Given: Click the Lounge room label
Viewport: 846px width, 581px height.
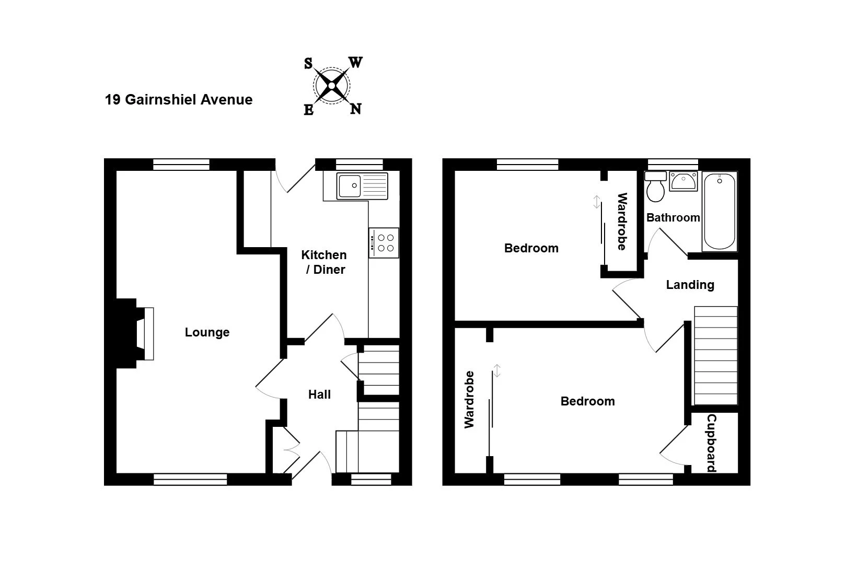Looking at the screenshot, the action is pyautogui.click(x=207, y=332).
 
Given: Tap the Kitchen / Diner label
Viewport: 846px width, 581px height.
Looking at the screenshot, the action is pyautogui.click(x=324, y=262).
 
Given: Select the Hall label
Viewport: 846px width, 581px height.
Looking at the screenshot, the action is pyautogui.click(x=319, y=394).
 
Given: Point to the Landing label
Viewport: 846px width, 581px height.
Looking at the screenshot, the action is pyautogui.click(x=690, y=285).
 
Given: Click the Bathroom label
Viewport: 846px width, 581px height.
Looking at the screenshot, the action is pyautogui.click(x=673, y=217).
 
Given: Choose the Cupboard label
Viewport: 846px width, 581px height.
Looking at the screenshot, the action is pyautogui.click(x=712, y=443).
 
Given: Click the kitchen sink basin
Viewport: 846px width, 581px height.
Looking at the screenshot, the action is pyautogui.click(x=350, y=185).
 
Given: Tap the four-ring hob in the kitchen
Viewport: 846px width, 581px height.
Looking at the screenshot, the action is pyautogui.click(x=384, y=243).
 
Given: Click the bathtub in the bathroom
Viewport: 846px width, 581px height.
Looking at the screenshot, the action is pyautogui.click(x=720, y=212).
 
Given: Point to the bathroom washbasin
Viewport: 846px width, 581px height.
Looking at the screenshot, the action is pyautogui.click(x=683, y=181).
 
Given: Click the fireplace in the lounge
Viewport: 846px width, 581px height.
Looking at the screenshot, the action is pyautogui.click(x=135, y=333).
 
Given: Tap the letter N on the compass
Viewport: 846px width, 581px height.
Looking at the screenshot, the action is pyautogui.click(x=356, y=109).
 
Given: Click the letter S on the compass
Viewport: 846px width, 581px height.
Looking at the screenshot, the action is pyautogui.click(x=308, y=63).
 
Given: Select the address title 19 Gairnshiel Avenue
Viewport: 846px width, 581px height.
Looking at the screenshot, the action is pyautogui.click(x=179, y=100).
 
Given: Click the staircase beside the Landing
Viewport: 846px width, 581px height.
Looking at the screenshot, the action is pyautogui.click(x=716, y=355).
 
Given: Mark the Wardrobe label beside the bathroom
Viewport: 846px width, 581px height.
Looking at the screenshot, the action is pyautogui.click(x=622, y=222).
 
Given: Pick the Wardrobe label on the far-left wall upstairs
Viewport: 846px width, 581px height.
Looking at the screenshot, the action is pyautogui.click(x=469, y=399).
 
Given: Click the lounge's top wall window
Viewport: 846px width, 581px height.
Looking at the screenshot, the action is pyautogui.click(x=181, y=165).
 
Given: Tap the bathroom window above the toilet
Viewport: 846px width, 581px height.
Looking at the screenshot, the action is pyautogui.click(x=673, y=165).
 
